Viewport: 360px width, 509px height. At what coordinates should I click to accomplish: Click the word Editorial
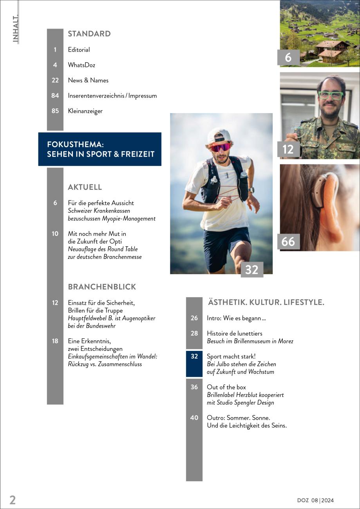pos(79,50)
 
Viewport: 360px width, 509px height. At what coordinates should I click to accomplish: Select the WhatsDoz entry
pos(81,65)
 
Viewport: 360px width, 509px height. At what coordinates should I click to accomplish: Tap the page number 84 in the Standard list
pos(55,96)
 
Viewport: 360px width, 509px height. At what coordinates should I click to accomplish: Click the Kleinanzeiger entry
pos(85,111)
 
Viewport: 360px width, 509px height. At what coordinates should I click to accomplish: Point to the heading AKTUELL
pos(85,187)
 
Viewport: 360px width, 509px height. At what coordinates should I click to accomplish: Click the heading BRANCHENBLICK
pos(102,287)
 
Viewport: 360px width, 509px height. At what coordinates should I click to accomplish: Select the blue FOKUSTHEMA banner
pos(100,149)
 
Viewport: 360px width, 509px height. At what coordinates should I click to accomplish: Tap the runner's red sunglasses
pos(221,147)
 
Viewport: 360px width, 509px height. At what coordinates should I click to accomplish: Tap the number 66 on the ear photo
pos(288,242)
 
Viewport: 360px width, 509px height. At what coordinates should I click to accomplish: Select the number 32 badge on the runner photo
pos(251,270)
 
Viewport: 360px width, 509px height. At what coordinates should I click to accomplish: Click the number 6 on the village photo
pos(288,58)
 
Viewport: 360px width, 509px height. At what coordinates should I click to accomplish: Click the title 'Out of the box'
pos(226,387)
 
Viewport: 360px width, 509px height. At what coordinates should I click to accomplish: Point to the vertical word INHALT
pos(16,29)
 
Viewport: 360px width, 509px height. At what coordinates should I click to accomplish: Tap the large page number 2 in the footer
pos(13,500)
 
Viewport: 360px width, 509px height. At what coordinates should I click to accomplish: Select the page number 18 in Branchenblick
pos(55,341)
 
